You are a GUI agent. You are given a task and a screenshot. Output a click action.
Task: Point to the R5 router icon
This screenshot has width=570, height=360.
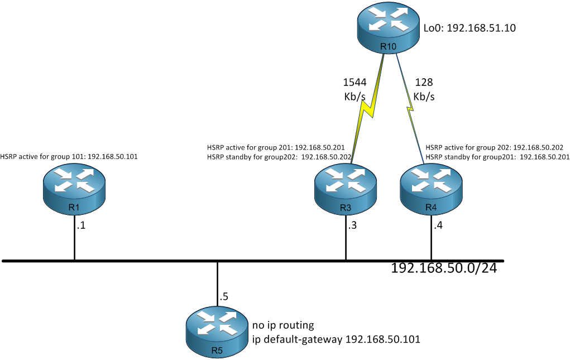coord(217,333)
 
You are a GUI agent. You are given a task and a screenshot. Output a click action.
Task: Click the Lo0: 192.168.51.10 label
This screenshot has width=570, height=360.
coord(470,28)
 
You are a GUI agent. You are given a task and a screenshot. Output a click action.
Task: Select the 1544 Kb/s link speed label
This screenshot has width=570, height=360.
coord(355,89)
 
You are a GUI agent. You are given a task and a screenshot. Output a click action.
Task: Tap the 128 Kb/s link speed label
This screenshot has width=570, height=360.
coord(424,89)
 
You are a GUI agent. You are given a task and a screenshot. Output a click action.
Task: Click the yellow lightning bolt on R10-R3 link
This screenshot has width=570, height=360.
coord(368,108)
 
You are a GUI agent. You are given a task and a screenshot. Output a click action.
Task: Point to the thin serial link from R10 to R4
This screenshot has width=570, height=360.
coord(410,109)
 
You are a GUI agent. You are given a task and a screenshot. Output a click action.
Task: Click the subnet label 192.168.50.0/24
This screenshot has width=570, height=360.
coord(444,268)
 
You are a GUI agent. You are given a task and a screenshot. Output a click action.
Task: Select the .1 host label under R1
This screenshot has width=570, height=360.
coord(81,225)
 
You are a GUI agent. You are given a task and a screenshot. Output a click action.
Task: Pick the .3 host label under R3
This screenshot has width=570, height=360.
coord(352,225)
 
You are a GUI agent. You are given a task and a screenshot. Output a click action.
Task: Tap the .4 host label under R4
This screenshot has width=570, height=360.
coord(438,225)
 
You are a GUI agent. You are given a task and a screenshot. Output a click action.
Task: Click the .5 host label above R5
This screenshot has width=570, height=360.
coord(223,297)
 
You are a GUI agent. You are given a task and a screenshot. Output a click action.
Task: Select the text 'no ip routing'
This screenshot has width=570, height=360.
coord(283,325)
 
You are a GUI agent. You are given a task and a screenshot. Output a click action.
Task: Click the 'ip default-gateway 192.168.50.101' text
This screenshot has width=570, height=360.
coord(336,339)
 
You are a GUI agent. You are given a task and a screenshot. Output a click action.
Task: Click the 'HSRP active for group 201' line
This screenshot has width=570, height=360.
coord(276,147)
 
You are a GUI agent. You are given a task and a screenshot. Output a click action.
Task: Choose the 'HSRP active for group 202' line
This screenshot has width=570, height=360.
coord(495,147)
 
